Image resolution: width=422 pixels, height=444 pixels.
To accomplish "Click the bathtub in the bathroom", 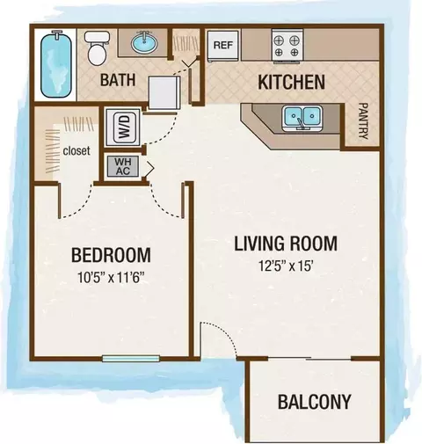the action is [x=56, y=64].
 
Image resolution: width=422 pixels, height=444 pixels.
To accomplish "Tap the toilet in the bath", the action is [x=98, y=48].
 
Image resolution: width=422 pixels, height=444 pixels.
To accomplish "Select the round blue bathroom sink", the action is [x=144, y=43].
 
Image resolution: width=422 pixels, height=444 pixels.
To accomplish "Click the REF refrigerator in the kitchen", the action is [x=223, y=45].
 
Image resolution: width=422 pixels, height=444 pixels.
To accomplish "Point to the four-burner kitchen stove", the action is [x=287, y=46].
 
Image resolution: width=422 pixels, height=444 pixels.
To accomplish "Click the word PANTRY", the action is [x=363, y=121].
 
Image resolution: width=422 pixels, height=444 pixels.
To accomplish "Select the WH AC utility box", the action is [x=123, y=166].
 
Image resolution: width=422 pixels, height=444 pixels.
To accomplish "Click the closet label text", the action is [x=76, y=151].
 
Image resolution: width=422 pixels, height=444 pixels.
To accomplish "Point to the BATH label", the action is [x=118, y=80].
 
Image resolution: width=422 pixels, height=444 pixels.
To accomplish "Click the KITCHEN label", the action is [x=291, y=82].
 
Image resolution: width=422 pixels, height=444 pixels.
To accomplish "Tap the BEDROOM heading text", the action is [x=111, y=255].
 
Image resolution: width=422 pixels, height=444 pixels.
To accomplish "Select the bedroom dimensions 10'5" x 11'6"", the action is [x=112, y=277].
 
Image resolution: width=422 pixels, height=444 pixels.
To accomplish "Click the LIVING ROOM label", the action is [x=286, y=244].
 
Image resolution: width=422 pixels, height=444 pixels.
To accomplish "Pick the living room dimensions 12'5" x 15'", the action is [x=287, y=266].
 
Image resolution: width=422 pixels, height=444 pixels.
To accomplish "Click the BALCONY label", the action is [x=315, y=402].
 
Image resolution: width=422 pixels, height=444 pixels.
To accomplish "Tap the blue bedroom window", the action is [x=131, y=358].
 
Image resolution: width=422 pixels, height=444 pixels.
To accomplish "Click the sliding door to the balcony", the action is [x=309, y=359].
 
